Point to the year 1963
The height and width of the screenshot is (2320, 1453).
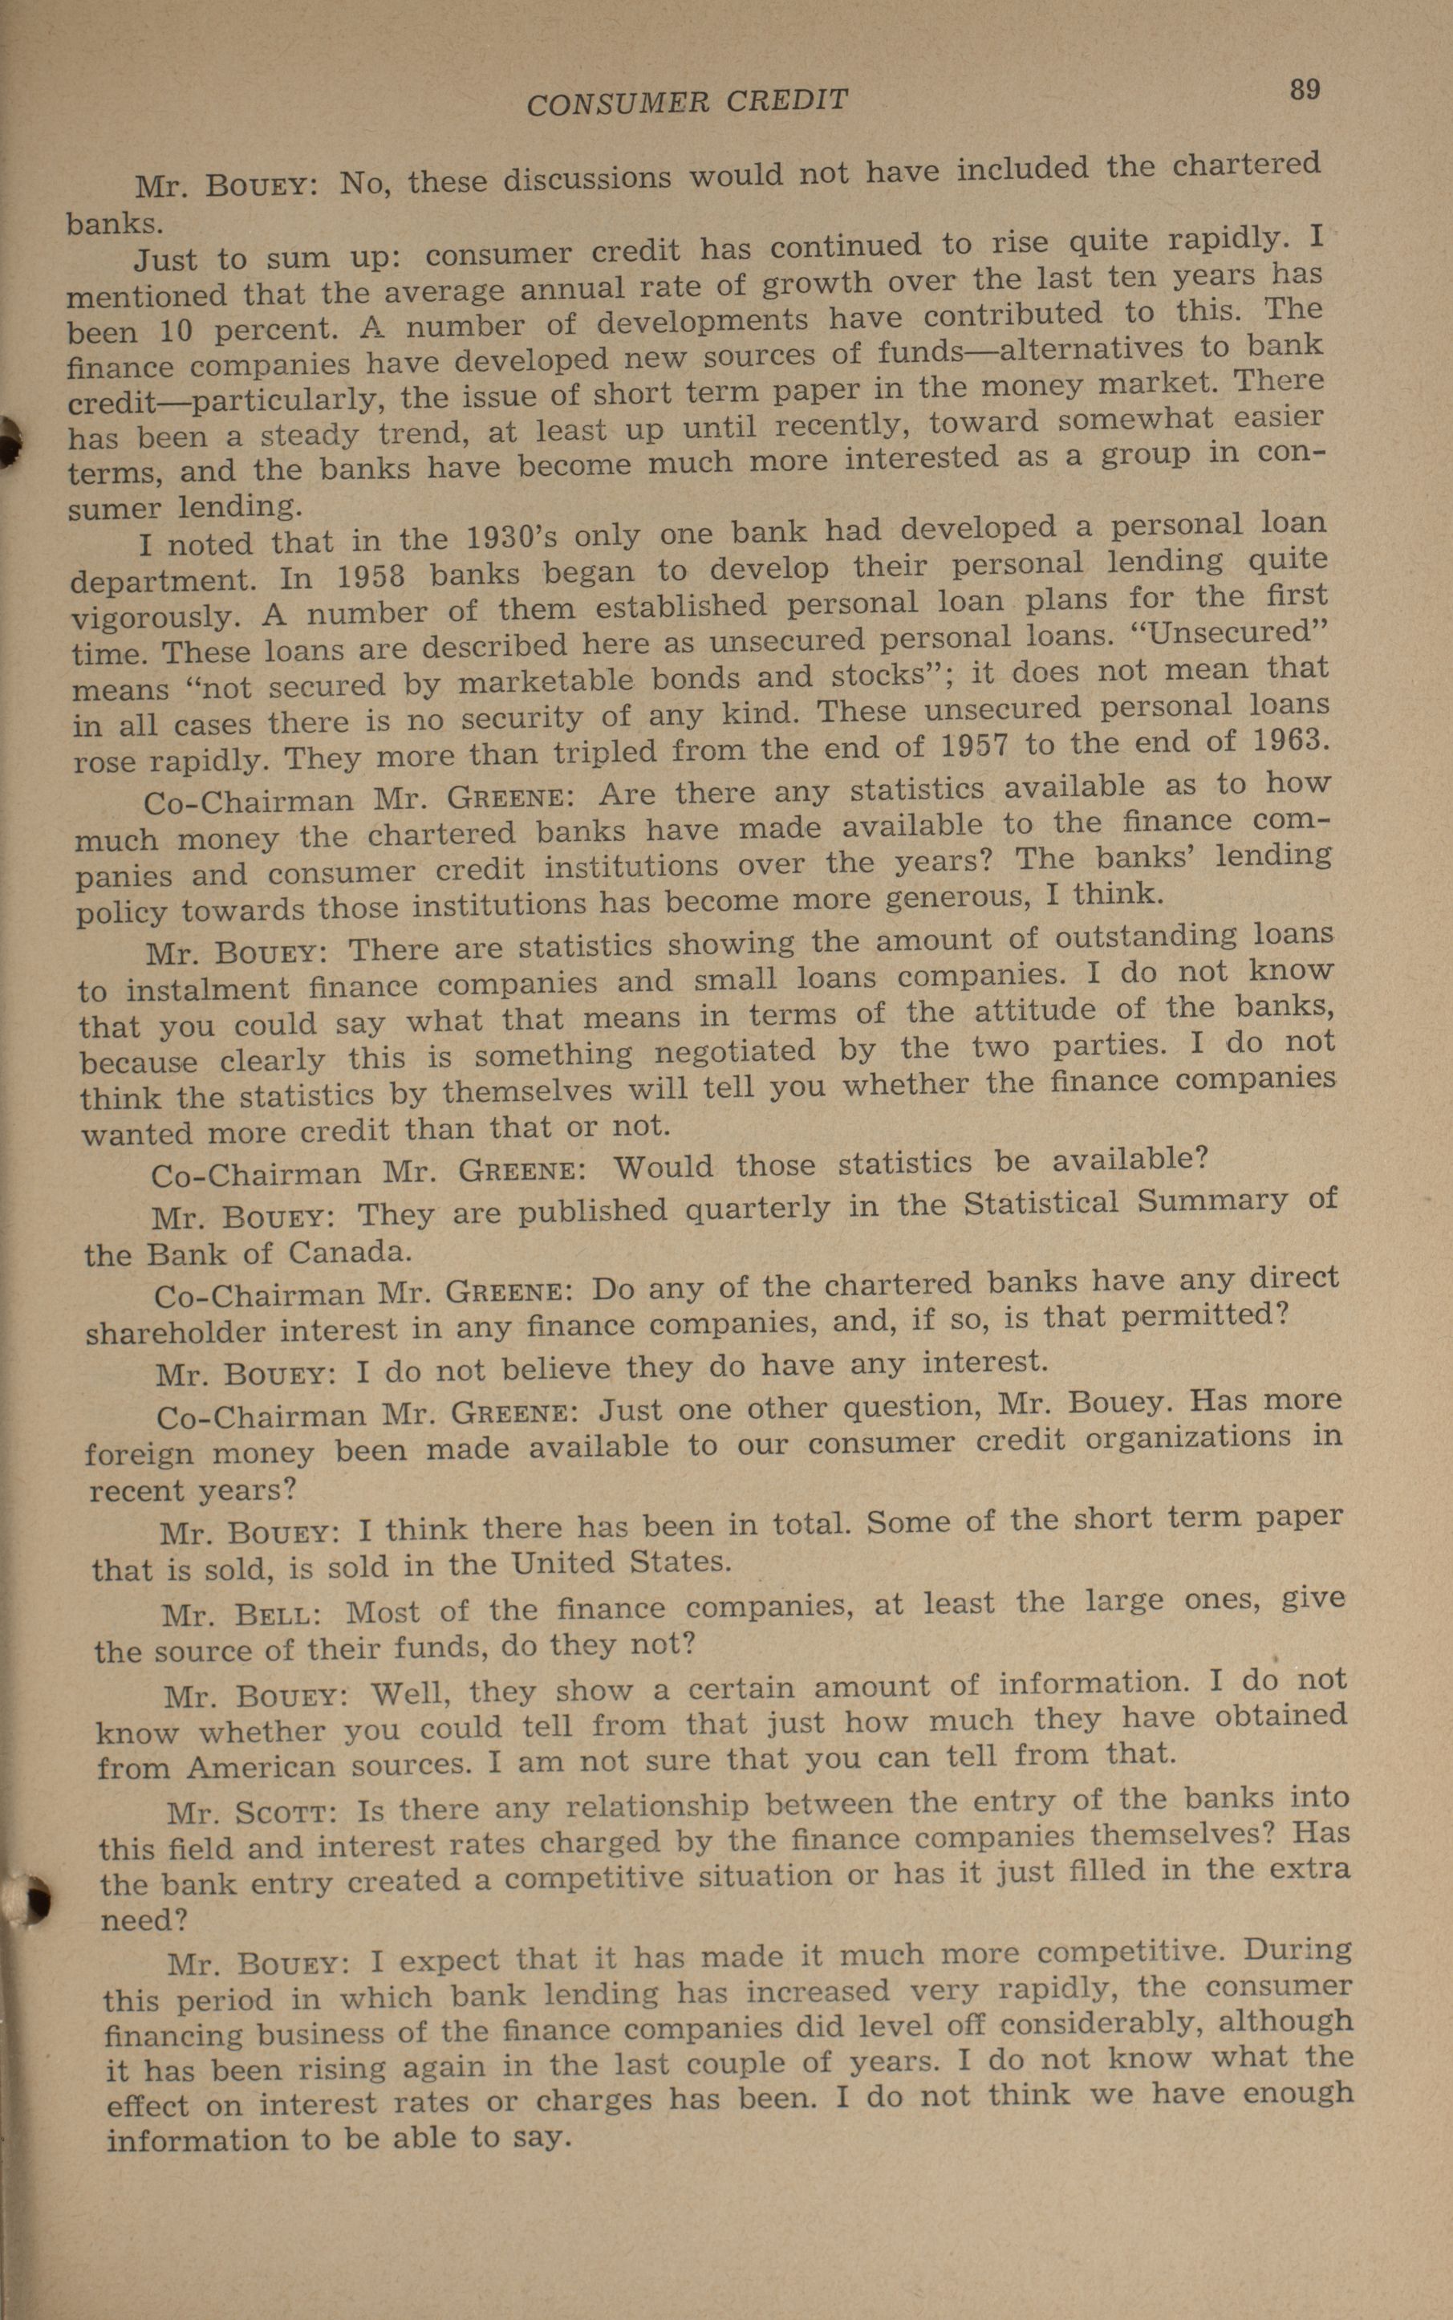1291,741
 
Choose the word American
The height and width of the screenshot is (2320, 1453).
262,1766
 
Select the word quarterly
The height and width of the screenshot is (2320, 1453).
757,1207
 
